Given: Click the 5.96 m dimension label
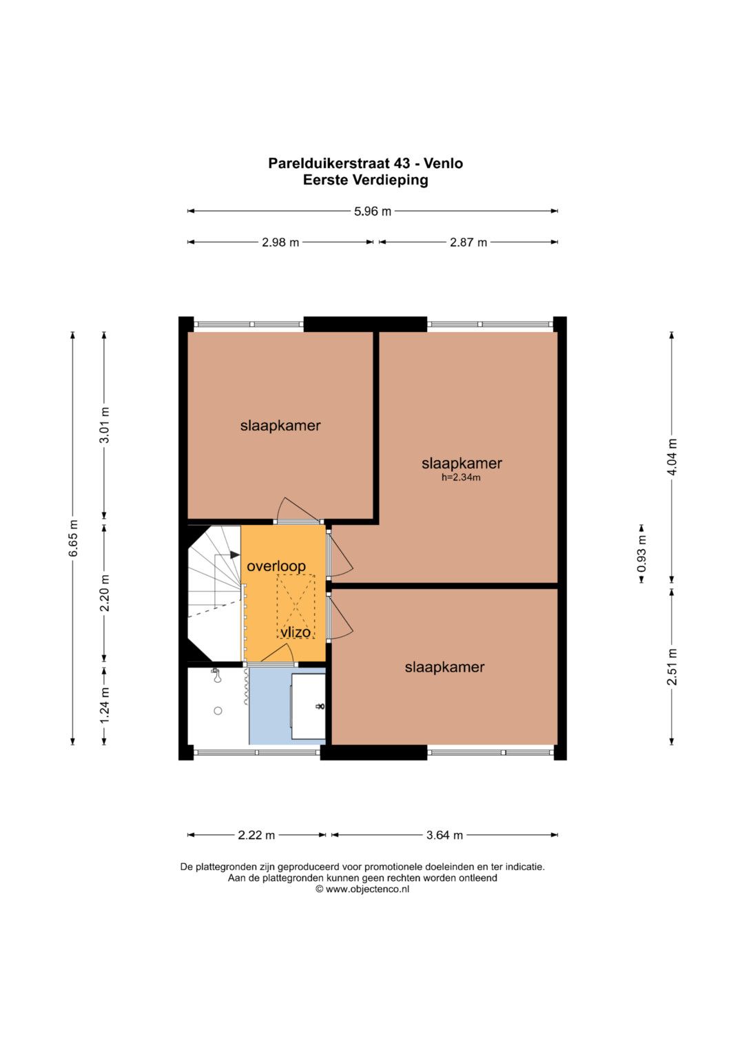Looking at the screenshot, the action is tap(373, 212).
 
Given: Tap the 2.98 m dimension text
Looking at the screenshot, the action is tap(280, 243).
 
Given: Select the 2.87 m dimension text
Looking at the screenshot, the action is tap(468, 243).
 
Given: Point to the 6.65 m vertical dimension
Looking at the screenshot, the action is tap(73, 538).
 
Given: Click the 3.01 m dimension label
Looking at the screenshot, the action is tap(105, 425).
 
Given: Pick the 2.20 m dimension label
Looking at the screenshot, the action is tap(105, 592).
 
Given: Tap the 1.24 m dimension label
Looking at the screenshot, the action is tap(105, 706).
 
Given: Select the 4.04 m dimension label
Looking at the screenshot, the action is tap(672, 457).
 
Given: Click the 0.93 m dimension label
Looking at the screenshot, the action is tap(641, 554).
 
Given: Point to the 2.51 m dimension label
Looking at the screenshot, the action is tap(672, 666).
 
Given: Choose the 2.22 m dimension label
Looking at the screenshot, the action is tap(256, 835).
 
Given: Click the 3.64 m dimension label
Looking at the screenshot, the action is tap(444, 835).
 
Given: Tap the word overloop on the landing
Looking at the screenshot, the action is tap(276, 566).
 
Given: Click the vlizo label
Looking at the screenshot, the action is tap(296, 632).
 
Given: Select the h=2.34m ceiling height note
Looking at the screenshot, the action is tap(461, 478).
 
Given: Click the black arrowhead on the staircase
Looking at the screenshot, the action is tap(235, 555).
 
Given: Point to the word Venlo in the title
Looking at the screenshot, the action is tap(443, 163).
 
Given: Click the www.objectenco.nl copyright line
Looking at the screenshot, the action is tap(362, 889).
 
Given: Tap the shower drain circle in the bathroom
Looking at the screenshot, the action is tap(218, 711).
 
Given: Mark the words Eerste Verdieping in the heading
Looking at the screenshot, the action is tap(365, 180).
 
